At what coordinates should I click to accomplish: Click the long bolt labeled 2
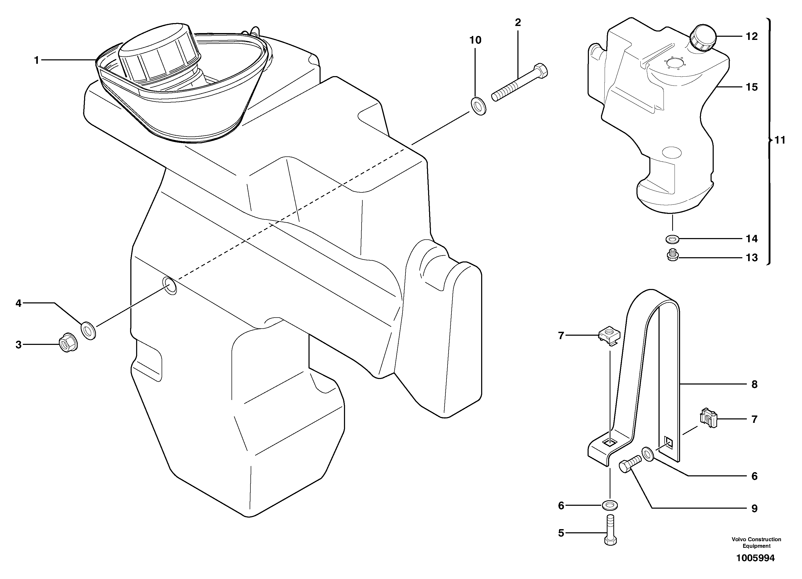[x=520, y=83]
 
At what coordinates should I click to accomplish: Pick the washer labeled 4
[x=88, y=330]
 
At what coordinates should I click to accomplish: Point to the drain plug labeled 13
[x=672, y=255]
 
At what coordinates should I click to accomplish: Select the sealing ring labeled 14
[x=672, y=239]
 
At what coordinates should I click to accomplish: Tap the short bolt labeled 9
[x=630, y=464]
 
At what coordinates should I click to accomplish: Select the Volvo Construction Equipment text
[x=756, y=542]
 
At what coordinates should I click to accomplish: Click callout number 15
[x=752, y=87]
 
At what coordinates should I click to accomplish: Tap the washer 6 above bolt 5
[x=610, y=506]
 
